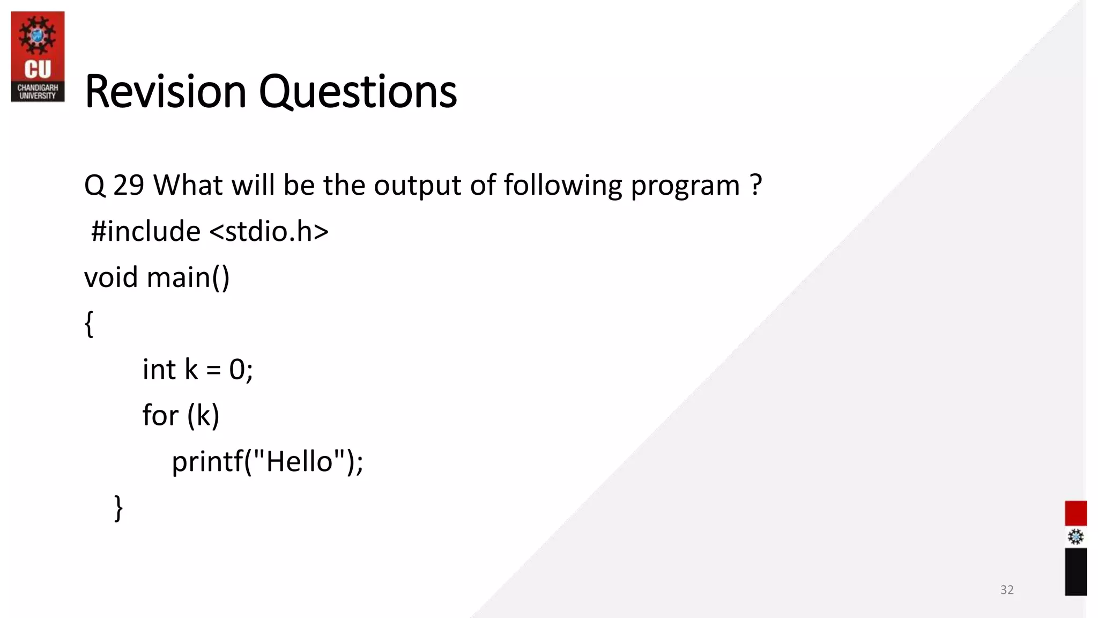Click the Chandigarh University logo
[x=38, y=56]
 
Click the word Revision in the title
[x=165, y=91]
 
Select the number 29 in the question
[x=129, y=186]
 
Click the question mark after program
[x=756, y=186]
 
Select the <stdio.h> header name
[x=269, y=231]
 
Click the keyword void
[x=111, y=277]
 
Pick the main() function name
[x=188, y=277]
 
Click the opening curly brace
[x=90, y=323]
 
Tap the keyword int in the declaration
[x=159, y=370]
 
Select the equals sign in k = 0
[x=213, y=370]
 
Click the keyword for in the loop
[x=159, y=415]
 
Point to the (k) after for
[x=203, y=416]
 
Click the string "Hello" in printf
[x=299, y=461]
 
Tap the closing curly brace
[x=118, y=507]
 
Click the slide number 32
[x=1006, y=590]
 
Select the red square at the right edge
[x=1075, y=513]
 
